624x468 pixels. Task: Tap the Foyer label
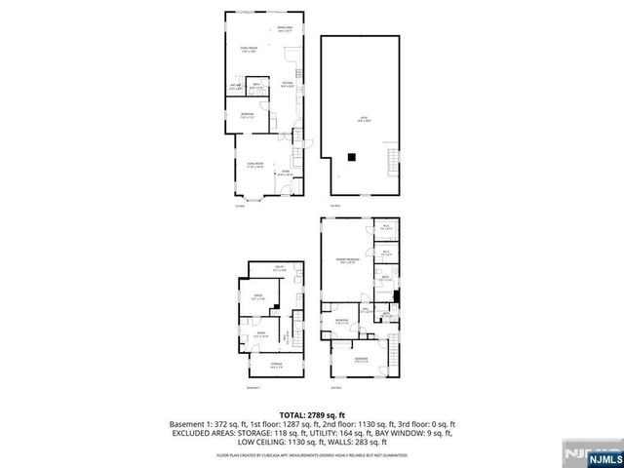pyautogui.click(x=285, y=173)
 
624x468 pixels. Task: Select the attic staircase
pyautogui.click(x=394, y=159)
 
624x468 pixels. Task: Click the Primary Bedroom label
pyautogui.click(x=348, y=260)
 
